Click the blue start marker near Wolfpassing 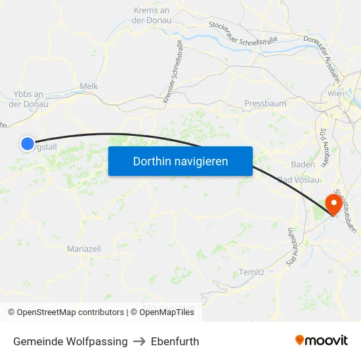click(x=27, y=144)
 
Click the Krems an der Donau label click(x=152, y=15)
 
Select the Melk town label click(x=88, y=86)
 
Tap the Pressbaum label click(x=265, y=104)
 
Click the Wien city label click(x=335, y=94)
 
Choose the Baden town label click(x=303, y=165)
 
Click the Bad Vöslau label click(x=299, y=180)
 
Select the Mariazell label click(x=84, y=249)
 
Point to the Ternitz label click(x=251, y=272)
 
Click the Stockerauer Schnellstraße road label click(x=243, y=33)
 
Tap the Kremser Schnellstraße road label click(x=173, y=71)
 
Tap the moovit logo click(x=322, y=341)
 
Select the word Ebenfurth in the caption click(x=175, y=341)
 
